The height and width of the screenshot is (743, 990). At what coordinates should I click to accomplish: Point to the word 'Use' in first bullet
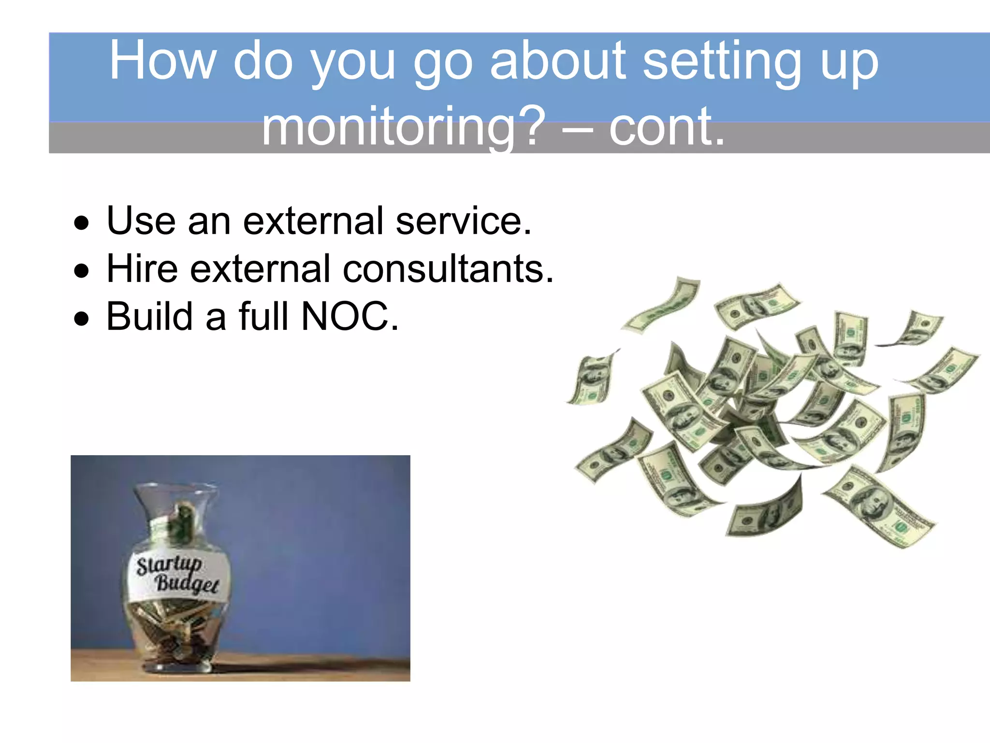[x=141, y=222]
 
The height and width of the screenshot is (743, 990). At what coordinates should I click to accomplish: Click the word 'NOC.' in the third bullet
[x=350, y=317]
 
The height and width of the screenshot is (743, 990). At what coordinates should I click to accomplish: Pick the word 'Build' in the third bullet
[x=150, y=317]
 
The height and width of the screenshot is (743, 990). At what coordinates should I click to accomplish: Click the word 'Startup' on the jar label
[x=169, y=565]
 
